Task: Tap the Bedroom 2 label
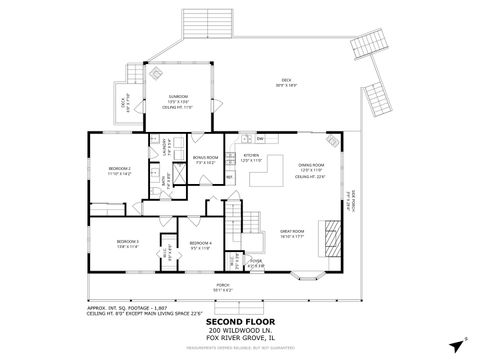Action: [120, 171]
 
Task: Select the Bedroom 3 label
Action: [126, 243]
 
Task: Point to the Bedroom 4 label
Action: [200, 243]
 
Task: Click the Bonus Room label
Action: [206, 159]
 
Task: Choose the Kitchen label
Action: [251, 158]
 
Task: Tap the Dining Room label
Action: [312, 167]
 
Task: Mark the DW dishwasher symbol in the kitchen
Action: [259, 137]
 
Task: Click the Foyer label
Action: [256, 264]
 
